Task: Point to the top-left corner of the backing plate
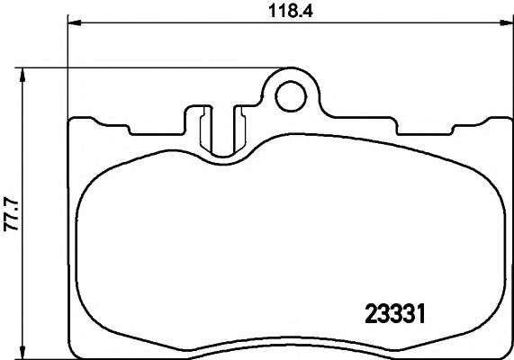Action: point(72,118)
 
